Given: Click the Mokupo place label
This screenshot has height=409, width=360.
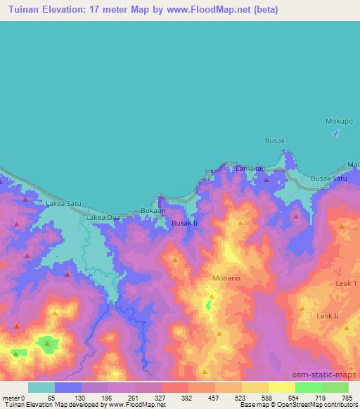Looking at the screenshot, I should pos(339,122).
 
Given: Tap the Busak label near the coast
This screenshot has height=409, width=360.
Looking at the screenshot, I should pos(274,141).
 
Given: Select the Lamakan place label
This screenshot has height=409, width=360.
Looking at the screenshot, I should pos(250,169).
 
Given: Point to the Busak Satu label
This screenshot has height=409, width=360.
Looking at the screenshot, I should pos(329,178).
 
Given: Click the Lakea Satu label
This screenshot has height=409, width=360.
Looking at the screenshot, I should pos(63,204).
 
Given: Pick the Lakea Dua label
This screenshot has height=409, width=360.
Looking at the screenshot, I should pos(103,218).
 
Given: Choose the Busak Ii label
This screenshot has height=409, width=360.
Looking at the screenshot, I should pos(185,223).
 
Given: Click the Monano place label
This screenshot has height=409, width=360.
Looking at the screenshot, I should pos(226,278).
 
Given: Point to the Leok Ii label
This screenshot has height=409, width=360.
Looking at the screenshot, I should pos(328,316).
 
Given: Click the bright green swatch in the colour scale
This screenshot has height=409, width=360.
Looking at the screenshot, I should pos(308,387).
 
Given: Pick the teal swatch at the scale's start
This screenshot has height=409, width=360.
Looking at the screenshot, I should pos(41,387).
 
